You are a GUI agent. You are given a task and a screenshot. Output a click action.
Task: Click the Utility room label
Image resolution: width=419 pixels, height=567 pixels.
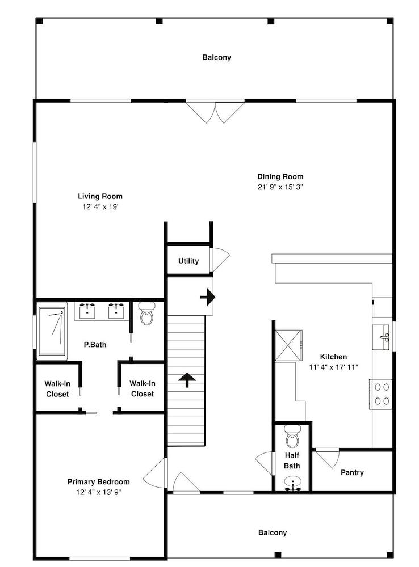tap(188, 261)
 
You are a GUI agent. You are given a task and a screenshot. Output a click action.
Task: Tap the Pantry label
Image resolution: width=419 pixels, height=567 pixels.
tap(352, 472)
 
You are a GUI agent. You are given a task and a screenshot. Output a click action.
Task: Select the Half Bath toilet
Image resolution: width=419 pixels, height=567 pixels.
tap(292, 436)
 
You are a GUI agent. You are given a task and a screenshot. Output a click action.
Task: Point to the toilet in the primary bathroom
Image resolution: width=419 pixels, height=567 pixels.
tap(146, 314)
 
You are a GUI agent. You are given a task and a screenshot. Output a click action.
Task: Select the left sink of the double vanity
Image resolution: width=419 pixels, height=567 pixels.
tap(87, 311)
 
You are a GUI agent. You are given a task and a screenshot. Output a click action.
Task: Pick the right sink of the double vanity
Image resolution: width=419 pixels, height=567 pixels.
tap(116, 311)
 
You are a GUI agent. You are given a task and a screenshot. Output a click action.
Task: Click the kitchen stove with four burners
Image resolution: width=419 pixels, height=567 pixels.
tap(382, 393)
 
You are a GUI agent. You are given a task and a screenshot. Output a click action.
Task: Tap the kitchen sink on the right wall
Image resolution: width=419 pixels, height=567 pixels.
tap(383, 337)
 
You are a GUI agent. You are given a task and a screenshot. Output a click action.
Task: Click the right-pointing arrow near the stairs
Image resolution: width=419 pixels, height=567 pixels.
tap(207, 297)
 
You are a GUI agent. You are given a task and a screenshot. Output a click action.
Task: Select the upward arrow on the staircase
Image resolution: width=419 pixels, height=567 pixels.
tap(186, 379)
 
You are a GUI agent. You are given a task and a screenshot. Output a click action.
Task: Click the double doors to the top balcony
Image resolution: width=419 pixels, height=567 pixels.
tap(215, 112)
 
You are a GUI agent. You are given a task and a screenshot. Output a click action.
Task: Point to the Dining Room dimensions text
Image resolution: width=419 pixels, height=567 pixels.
tap(280, 187)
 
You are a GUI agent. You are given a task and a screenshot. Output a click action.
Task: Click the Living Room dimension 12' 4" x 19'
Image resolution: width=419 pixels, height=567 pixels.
tap(100, 207)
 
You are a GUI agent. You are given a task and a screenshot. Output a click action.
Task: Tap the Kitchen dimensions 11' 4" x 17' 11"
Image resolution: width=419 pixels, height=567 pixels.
tap(333, 367)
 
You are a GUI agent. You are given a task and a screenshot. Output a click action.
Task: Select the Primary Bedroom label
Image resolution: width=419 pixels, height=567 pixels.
tap(98, 481)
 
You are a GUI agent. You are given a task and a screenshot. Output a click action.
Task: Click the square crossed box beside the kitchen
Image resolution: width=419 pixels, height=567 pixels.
tap(288, 345)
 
